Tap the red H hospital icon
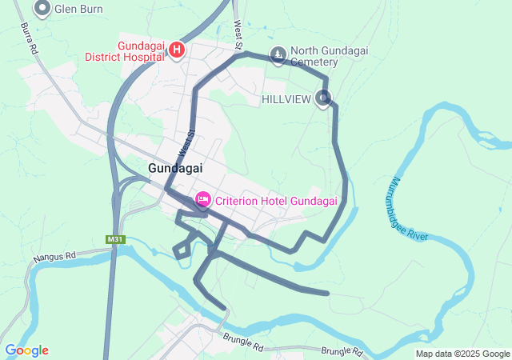click(x=177, y=51)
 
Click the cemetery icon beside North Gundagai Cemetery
click(x=278, y=55)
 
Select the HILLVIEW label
click(x=286, y=99)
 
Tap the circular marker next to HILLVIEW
click(x=323, y=98)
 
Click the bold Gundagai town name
click(x=175, y=168)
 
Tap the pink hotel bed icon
click(x=203, y=198)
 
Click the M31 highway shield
click(x=115, y=239)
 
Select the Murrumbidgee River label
click(x=413, y=206)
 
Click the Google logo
click(x=26, y=350)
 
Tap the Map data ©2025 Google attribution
click(x=462, y=354)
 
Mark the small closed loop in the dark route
click(x=182, y=250)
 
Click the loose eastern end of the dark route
click(x=327, y=293)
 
